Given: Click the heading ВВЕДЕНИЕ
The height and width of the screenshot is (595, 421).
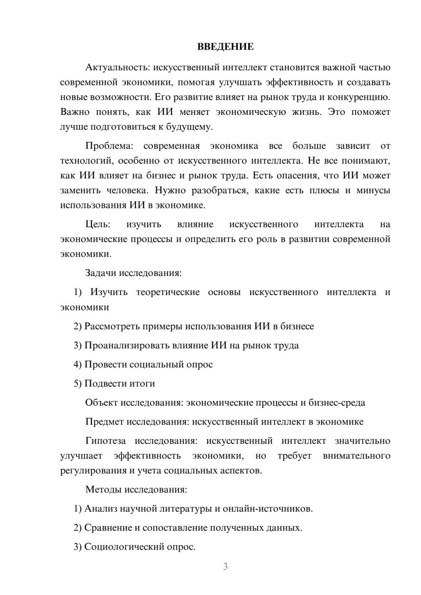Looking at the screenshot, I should (225, 47).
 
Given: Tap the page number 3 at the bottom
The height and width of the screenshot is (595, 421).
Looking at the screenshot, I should (225, 566).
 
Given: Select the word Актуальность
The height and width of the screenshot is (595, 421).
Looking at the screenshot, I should (117, 67).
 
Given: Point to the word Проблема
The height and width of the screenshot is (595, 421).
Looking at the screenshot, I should (109, 146).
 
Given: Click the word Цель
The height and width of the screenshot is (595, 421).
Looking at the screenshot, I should (97, 224).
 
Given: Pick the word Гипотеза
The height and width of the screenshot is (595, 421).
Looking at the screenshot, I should (105, 441).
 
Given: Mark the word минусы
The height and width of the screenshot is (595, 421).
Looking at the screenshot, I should (373, 191).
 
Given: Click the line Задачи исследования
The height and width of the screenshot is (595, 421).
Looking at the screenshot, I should (133, 273).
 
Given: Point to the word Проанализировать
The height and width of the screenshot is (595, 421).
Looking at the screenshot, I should (127, 345).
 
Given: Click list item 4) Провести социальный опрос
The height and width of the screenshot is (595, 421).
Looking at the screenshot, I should (143, 364).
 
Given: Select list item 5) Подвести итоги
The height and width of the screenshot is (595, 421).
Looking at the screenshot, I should (114, 384).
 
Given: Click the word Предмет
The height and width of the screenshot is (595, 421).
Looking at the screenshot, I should (104, 422).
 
